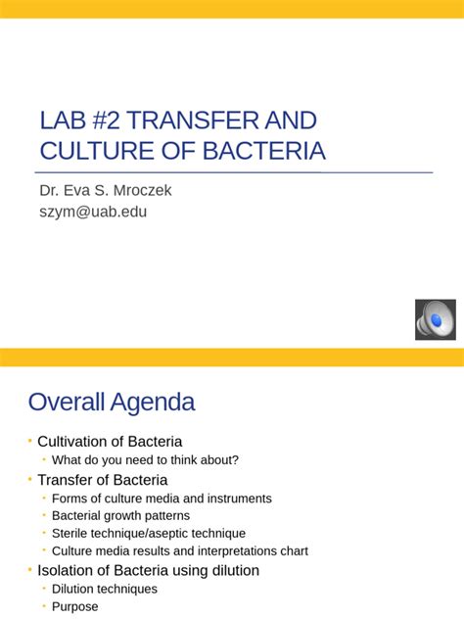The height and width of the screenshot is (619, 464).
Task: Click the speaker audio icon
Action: coord(435,319)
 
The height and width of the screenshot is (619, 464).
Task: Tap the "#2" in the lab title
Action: coord(98,120)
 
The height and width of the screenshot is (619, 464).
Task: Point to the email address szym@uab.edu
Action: coord(93,211)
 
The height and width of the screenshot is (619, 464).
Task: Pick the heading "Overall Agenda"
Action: coord(111,402)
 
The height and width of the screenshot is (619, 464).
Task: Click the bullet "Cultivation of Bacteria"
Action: coord(110,442)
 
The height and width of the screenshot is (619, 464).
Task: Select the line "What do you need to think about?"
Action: coord(145,460)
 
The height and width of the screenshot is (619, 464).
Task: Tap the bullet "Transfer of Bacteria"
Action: coord(103,480)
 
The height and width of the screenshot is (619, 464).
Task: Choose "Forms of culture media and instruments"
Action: coord(162,499)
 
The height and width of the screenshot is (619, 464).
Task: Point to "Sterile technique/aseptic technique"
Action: coord(149,534)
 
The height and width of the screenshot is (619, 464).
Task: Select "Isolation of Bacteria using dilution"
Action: coord(148,570)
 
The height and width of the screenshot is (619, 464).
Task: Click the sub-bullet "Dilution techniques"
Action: coord(105,590)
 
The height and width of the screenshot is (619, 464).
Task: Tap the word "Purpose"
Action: coord(75,607)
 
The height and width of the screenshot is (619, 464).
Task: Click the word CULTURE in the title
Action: coord(92,151)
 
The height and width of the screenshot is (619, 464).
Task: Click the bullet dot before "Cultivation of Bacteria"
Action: coord(30,442)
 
